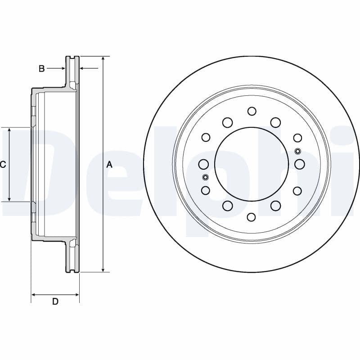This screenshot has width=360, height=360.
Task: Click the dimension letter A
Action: click(109, 165)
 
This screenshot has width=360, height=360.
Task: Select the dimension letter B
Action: click(41, 69)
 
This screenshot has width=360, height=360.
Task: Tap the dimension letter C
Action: click(3, 165)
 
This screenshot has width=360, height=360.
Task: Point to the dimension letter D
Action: click(55, 301)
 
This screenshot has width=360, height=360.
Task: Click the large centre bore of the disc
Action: click(252, 164)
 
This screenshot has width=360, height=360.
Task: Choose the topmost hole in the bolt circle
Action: click(252, 111)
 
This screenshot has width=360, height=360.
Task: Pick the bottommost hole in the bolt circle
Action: click(252, 217)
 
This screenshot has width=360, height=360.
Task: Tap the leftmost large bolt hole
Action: click(203, 164)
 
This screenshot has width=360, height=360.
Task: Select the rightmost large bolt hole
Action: click(300, 164)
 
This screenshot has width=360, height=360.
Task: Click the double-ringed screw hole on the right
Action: click(297, 151)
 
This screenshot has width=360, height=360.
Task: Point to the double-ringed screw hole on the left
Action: click(205, 177)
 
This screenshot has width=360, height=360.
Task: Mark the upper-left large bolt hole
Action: click(227, 122)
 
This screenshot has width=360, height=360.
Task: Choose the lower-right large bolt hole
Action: click(276, 206)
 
